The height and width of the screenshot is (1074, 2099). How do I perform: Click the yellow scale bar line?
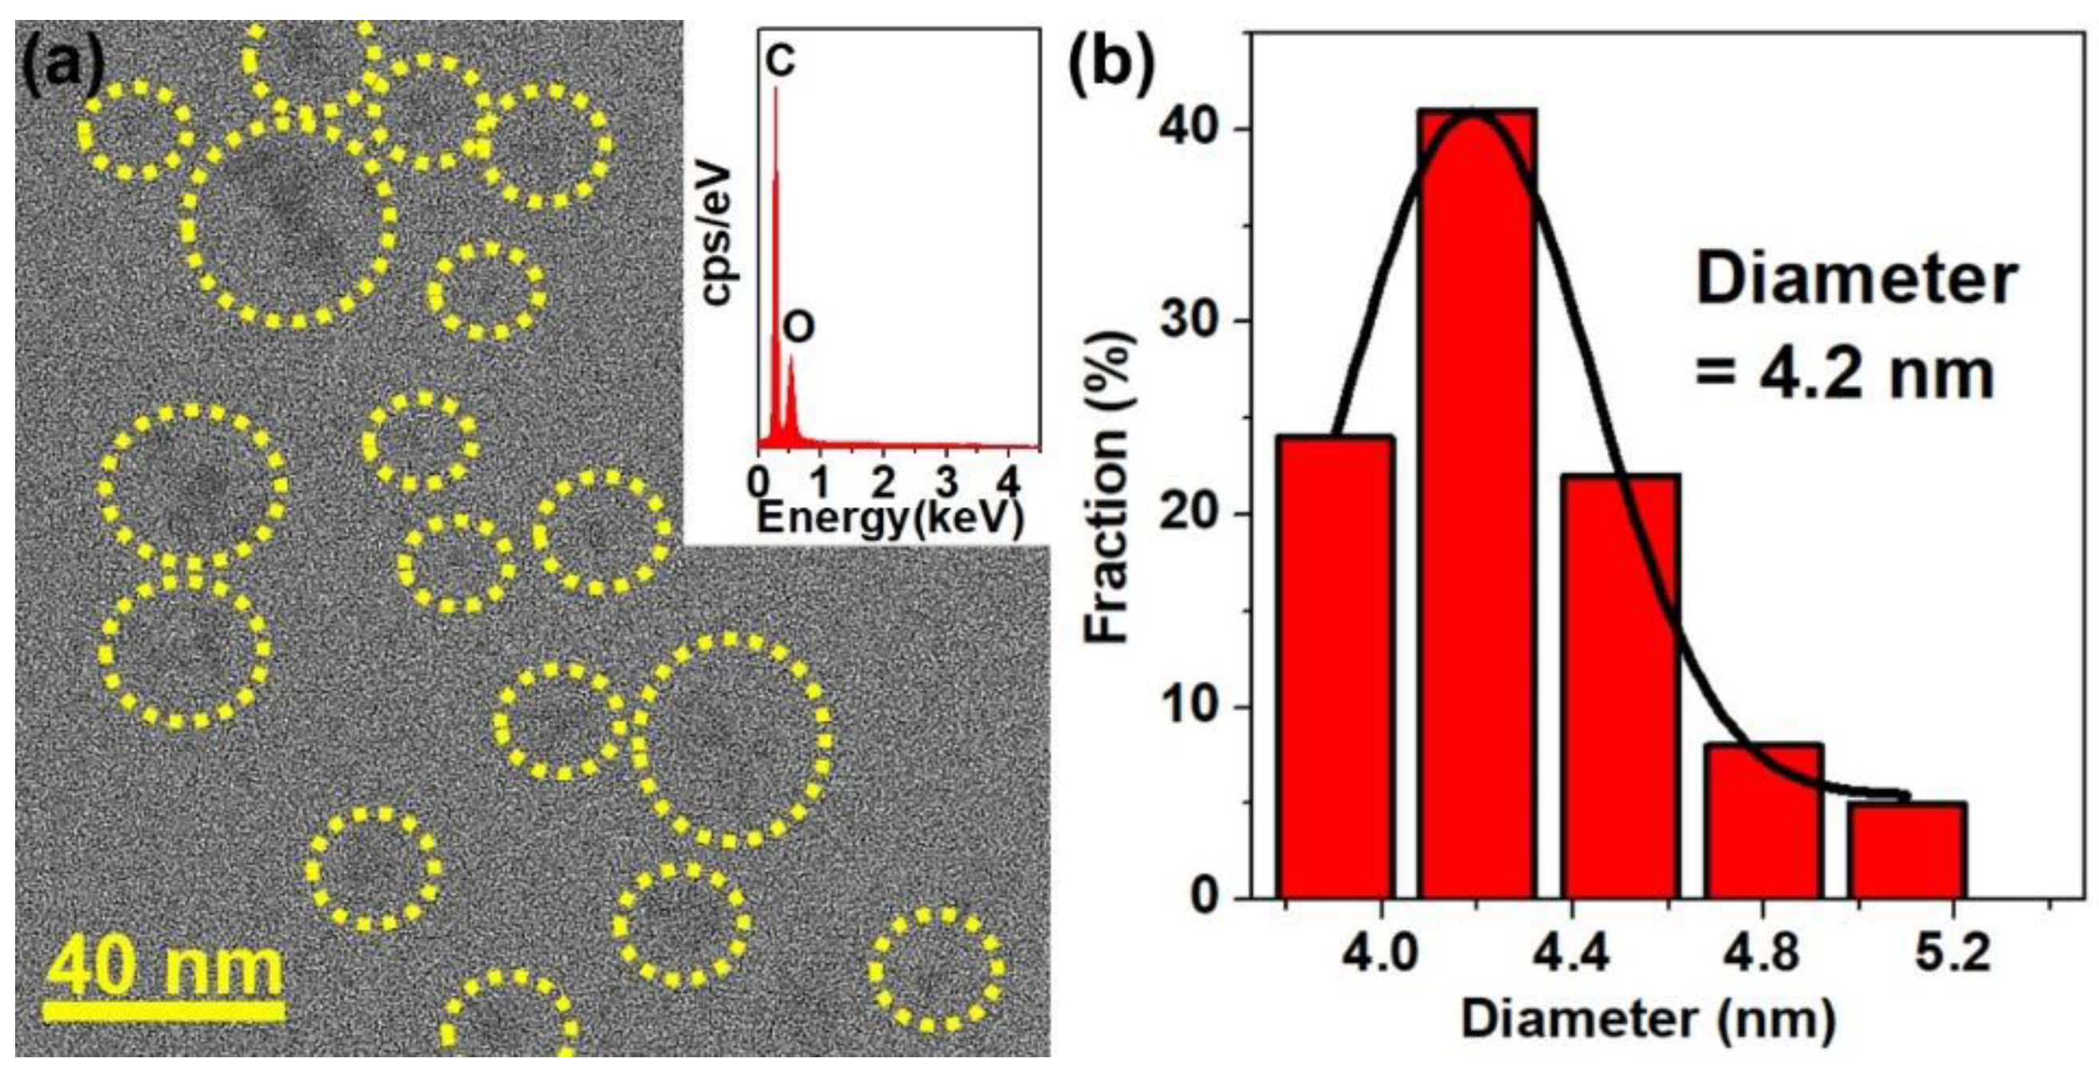[163, 1011]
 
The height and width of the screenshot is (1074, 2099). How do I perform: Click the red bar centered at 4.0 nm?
[1334, 668]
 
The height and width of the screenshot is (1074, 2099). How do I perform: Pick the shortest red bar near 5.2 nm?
[1907, 852]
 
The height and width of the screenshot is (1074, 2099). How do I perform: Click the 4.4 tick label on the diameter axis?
[1571, 952]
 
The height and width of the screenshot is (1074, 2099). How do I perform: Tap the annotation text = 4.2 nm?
[1845, 375]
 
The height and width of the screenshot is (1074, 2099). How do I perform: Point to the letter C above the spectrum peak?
[780, 61]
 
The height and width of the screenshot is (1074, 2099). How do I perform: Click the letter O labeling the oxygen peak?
[799, 328]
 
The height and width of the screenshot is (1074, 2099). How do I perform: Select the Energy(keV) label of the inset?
[890, 518]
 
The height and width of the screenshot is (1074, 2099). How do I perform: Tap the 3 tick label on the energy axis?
[946, 484]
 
